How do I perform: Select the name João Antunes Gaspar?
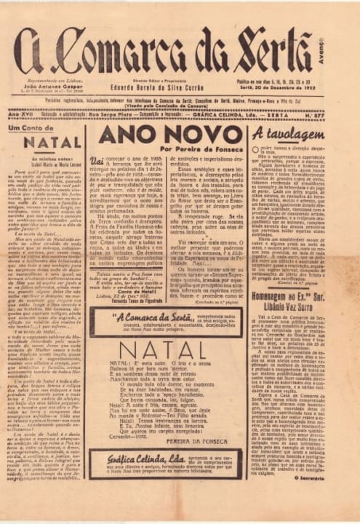(49, 87)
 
